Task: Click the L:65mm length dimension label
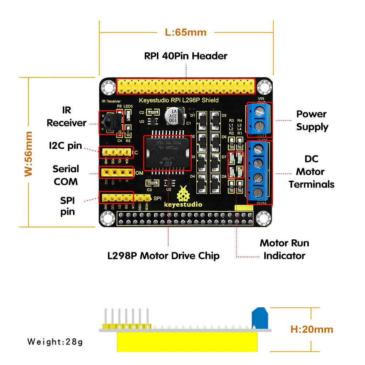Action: tap(185, 32)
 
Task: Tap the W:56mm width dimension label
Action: tap(29, 154)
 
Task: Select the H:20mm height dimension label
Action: tap(312, 329)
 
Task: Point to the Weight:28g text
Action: tap(55, 342)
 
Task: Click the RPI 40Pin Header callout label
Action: tap(185, 56)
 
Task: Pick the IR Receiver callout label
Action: tap(66, 116)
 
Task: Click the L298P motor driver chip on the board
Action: tap(167, 153)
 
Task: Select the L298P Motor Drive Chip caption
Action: tap(164, 255)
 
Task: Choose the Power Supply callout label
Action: tap(312, 120)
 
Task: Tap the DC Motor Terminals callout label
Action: tap(311, 172)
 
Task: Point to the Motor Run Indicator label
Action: tap(284, 249)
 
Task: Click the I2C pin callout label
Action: tap(66, 146)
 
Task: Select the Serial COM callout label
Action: tap(66, 175)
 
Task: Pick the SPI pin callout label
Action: tap(68, 206)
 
